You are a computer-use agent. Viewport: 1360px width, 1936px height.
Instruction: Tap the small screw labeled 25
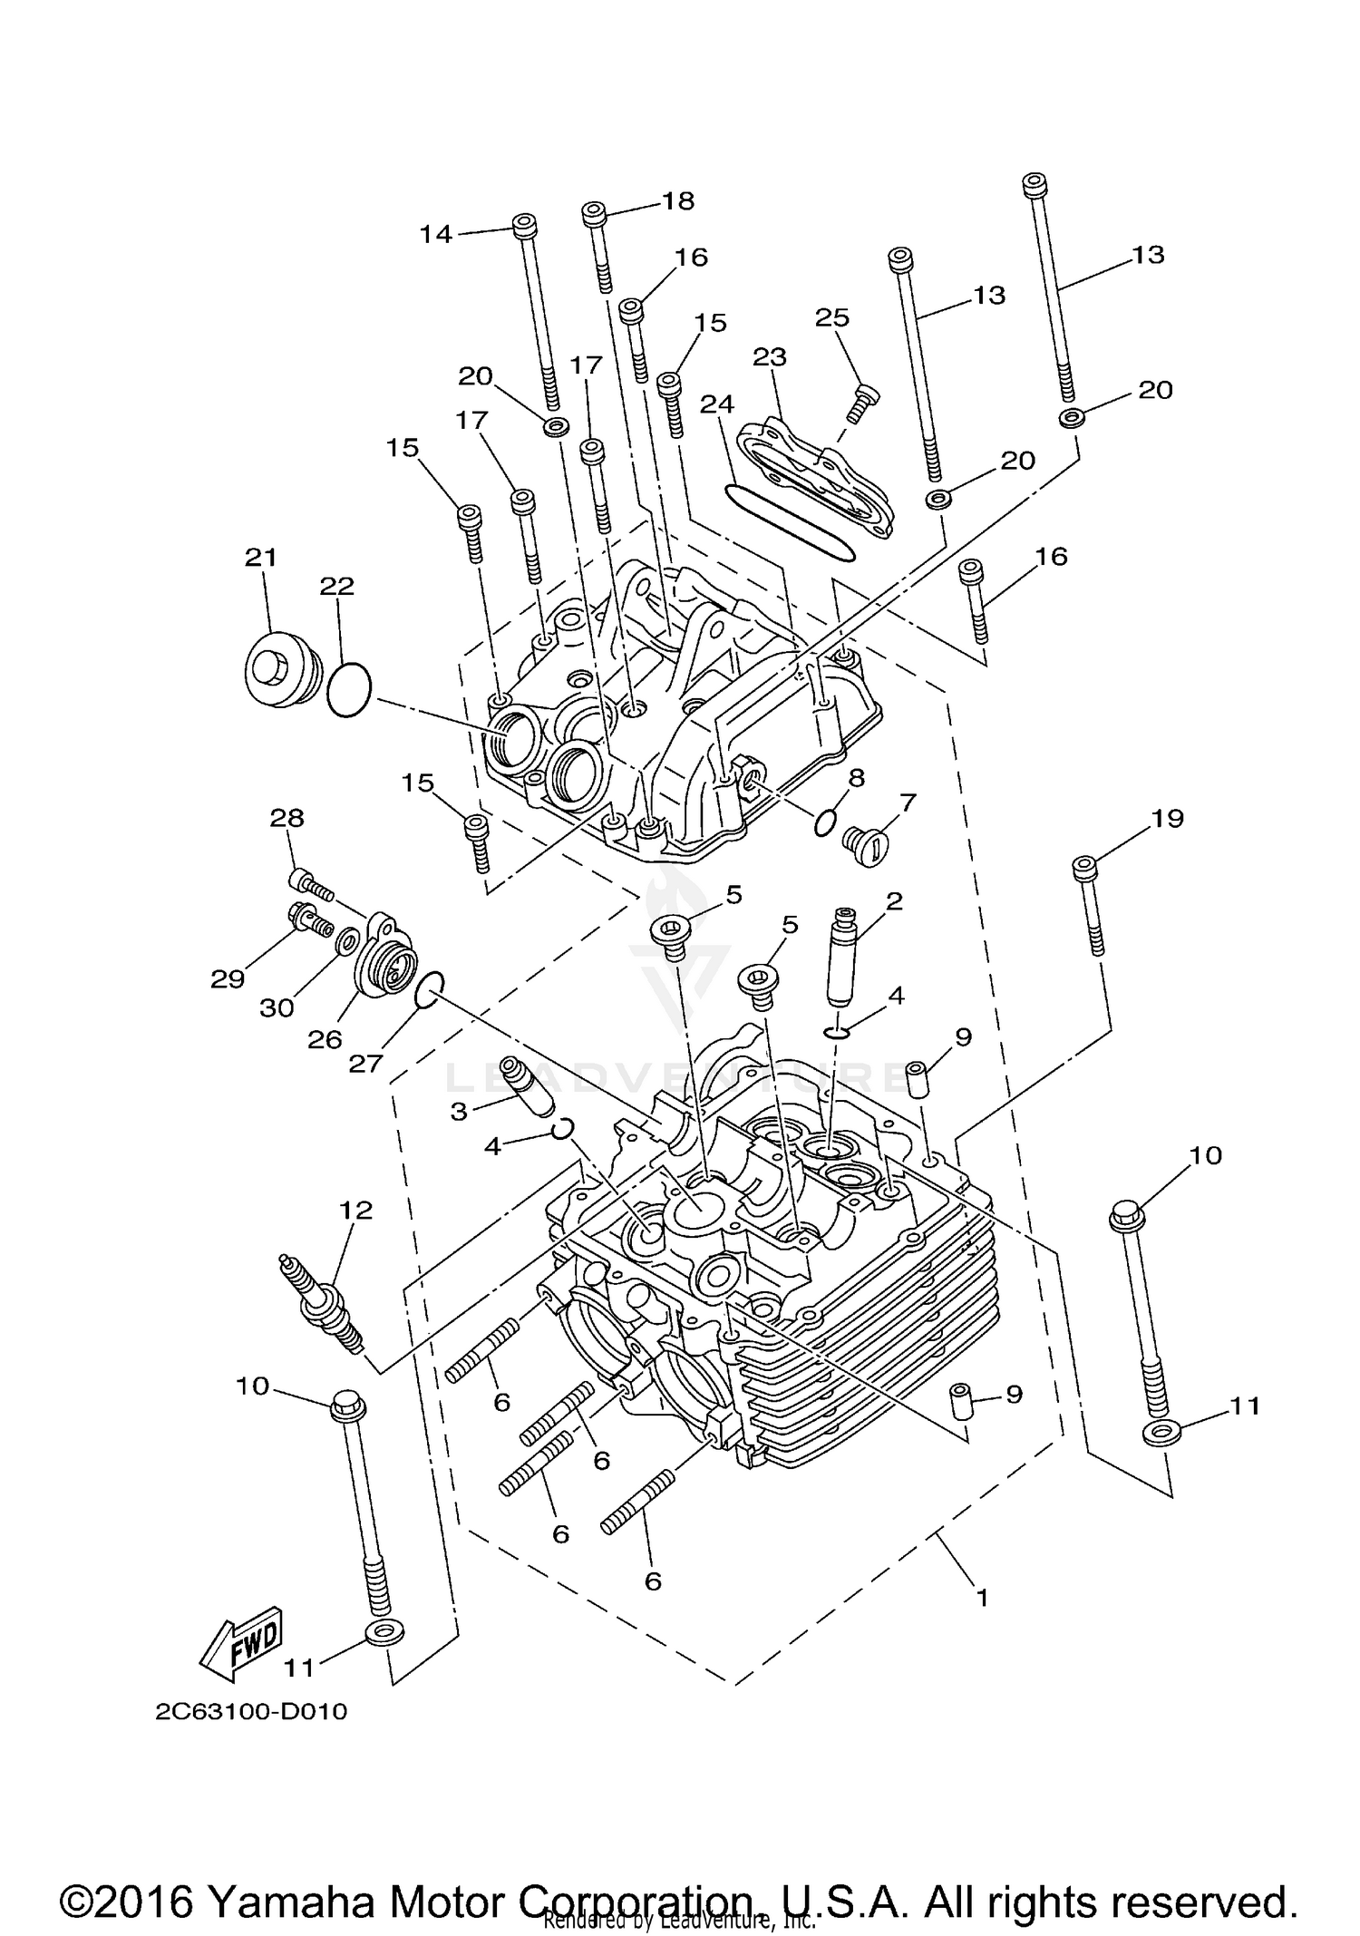[863, 400]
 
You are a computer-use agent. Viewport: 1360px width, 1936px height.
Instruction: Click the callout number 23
[770, 356]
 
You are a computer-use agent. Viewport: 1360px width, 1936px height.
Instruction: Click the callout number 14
[435, 234]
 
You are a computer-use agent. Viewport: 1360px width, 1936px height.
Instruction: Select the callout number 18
[678, 200]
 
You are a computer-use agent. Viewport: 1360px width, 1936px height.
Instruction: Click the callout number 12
[355, 1210]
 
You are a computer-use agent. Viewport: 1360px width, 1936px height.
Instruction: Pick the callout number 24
[717, 404]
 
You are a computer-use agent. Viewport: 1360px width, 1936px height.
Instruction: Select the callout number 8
[856, 777]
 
